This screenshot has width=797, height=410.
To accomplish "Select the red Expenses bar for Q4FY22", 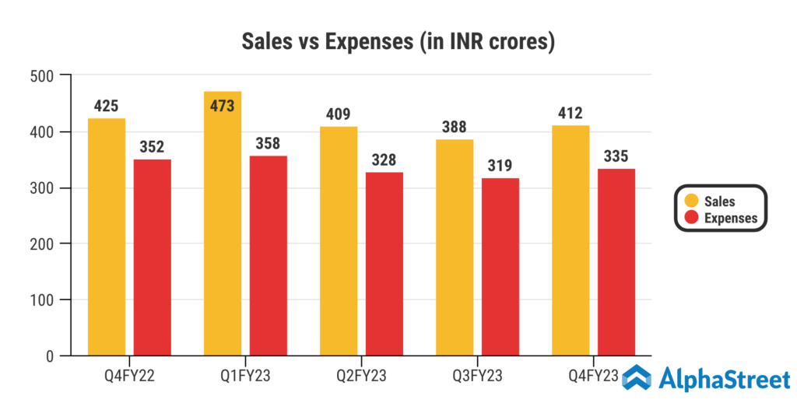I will pos(153,258).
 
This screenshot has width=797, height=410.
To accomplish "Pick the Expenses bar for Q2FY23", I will pos(384,264).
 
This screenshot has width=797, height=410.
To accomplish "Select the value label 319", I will pos(500,164).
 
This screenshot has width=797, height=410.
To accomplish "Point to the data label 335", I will pos(616,155).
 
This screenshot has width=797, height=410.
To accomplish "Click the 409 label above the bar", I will pos(339,113).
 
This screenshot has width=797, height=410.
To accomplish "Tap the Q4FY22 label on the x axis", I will pos(129,377).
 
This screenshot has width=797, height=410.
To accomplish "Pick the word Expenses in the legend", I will pos(730,218).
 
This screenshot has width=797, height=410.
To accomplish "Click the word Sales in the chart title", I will pos(264,41).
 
